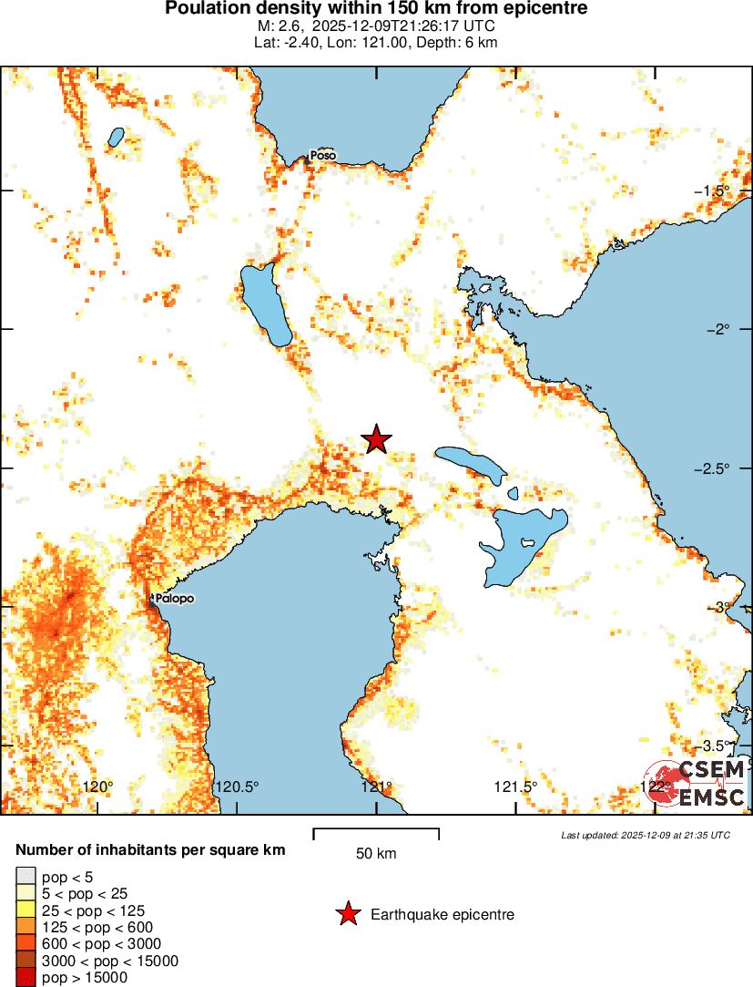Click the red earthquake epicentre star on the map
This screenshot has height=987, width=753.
point(376,439)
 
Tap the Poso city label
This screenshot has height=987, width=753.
point(322,156)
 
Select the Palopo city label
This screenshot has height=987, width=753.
point(174,599)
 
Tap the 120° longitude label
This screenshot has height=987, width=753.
point(97,787)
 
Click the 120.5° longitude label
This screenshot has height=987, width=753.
point(237,787)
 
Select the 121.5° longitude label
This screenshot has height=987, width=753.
point(516,787)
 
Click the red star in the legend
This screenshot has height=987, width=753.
point(347,914)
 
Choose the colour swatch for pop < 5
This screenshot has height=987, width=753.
point(27,877)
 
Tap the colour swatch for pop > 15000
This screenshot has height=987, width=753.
point(27,978)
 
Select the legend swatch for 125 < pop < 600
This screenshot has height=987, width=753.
point(27,927)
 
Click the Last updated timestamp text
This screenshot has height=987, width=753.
point(645,835)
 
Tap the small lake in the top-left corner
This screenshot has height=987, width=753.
point(116,137)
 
